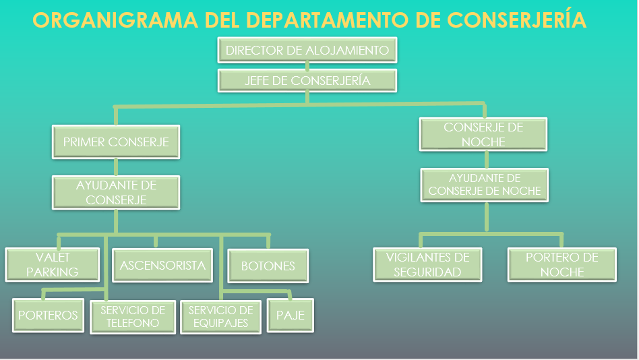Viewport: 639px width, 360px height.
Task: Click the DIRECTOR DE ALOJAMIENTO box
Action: coord(307,50)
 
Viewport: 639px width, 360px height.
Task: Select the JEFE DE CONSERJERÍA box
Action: coord(307,81)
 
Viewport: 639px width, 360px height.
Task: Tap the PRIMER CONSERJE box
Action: coord(116,142)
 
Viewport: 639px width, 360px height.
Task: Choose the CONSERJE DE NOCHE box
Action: coord(483,134)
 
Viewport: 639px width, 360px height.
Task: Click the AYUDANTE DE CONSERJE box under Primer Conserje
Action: coord(116,192)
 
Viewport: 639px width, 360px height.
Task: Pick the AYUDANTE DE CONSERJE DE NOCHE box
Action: coord(485,185)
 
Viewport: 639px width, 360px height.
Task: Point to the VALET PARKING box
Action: coord(53,264)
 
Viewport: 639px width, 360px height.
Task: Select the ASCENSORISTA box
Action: coord(162,265)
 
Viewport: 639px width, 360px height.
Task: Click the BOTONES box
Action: coord(268,266)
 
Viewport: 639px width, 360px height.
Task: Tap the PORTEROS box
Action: coord(48,315)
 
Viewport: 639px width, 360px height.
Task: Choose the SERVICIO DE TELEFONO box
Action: coord(133,316)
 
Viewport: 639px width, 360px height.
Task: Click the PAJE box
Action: coord(291,315)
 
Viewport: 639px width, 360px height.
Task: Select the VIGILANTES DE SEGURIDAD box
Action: coord(428,264)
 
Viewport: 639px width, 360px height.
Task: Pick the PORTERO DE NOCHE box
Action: coord(561,264)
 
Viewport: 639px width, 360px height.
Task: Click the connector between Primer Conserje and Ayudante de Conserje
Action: coord(116,167)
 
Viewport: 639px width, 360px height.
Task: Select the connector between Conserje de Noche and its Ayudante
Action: coord(485,159)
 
